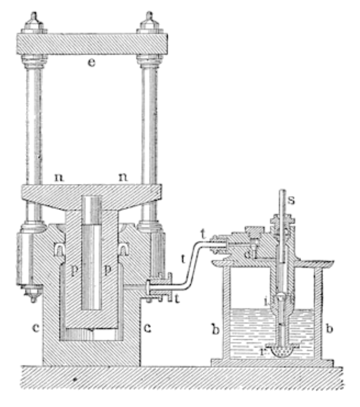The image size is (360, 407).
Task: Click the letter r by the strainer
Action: (x=263, y=350)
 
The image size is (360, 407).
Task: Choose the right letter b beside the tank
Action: (x=329, y=331)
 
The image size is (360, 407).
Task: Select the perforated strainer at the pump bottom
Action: (x=279, y=351)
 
